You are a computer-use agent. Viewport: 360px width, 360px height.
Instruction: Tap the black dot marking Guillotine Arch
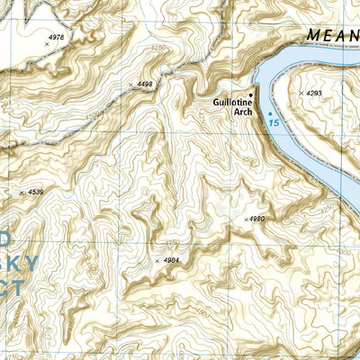click(252, 94)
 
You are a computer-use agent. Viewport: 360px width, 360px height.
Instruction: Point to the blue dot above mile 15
click(269, 112)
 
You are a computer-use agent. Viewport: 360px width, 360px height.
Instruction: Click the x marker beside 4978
click(46, 43)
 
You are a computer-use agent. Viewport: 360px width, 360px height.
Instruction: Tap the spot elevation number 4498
click(145, 84)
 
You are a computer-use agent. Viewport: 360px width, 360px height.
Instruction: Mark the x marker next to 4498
click(131, 85)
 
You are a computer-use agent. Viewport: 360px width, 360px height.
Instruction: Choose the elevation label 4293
click(313, 93)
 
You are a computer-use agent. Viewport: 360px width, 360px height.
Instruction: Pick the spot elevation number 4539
click(36, 192)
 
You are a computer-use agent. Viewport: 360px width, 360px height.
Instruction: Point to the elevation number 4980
click(258, 219)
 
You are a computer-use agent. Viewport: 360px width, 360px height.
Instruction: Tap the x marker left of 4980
click(246, 219)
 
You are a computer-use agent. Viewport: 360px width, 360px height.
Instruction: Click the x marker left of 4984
click(157, 261)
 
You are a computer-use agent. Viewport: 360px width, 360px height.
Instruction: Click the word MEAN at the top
click(331, 35)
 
